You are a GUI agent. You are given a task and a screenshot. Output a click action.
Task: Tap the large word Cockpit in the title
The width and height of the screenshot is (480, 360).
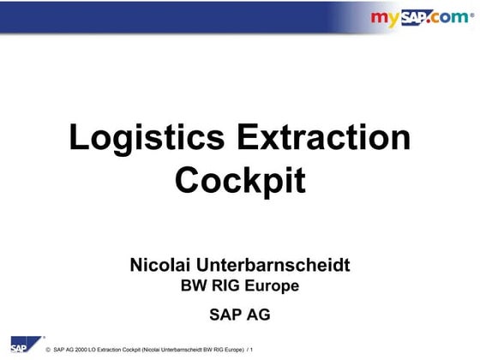point(240,180)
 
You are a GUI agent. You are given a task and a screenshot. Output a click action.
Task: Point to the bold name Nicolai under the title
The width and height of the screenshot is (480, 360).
point(160,265)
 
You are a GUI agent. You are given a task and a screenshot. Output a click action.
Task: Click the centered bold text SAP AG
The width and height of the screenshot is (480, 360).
point(240,314)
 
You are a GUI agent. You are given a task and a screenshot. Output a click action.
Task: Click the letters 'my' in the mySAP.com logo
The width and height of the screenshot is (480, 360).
point(385,18)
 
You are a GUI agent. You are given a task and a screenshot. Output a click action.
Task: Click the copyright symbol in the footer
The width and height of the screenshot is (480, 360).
point(47,351)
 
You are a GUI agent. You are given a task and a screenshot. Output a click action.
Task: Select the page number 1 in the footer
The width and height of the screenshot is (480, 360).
point(252,351)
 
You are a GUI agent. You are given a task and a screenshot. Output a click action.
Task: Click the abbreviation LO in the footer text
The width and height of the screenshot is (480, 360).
point(92,351)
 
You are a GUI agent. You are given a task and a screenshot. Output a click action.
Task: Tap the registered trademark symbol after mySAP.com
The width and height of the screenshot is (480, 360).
point(471,14)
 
